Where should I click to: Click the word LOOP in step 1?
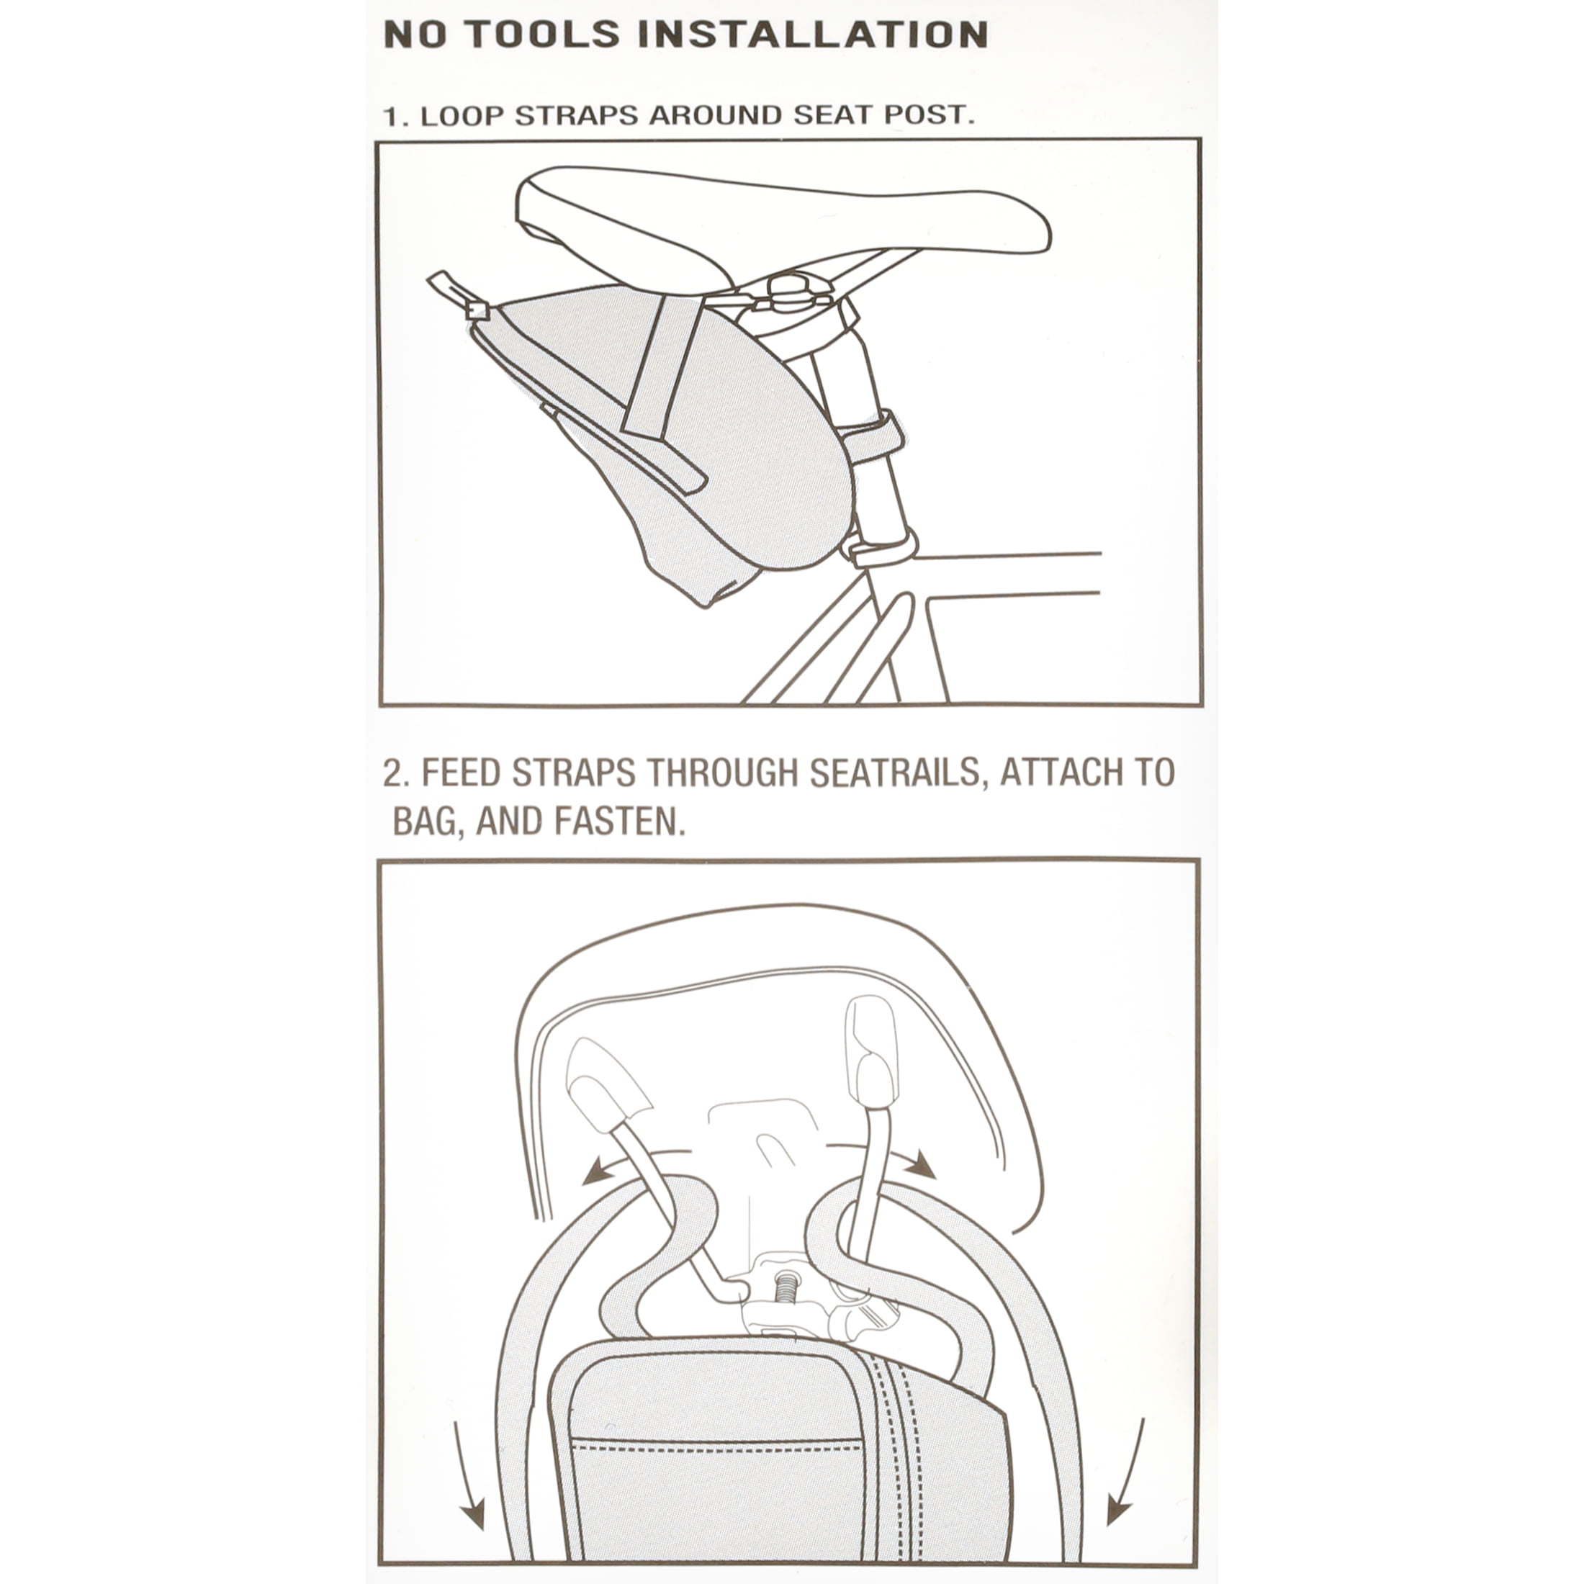[462, 116]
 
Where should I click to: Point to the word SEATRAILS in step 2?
[896, 773]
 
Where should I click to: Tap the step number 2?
[395, 773]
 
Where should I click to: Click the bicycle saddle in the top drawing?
[783, 221]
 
